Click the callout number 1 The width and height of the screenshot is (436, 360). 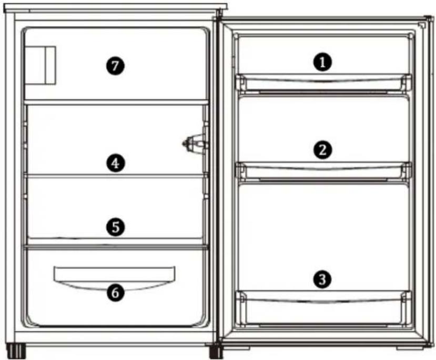click(x=322, y=62)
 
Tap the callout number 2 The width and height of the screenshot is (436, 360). click(x=322, y=150)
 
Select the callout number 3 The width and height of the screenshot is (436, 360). click(x=322, y=279)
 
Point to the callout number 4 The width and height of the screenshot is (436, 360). click(x=115, y=163)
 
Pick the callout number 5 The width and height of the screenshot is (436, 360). click(x=115, y=227)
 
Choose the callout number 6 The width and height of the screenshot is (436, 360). click(x=115, y=293)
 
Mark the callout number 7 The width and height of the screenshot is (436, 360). click(x=115, y=66)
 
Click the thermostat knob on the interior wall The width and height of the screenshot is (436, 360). click(x=195, y=143)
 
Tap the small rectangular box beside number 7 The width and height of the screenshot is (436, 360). click(x=40, y=65)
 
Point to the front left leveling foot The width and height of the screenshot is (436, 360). click(x=16, y=352)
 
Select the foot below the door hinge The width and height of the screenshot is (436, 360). click(x=216, y=352)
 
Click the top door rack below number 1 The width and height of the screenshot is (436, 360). click(x=323, y=83)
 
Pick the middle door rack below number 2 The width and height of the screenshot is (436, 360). click(x=323, y=172)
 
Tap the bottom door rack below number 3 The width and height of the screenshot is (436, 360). click(x=323, y=308)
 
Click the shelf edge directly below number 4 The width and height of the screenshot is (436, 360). click(x=116, y=176)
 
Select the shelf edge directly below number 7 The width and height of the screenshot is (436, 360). click(x=116, y=102)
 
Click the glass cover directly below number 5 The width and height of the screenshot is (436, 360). click(x=116, y=247)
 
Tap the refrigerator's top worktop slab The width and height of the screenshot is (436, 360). click(x=115, y=8)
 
